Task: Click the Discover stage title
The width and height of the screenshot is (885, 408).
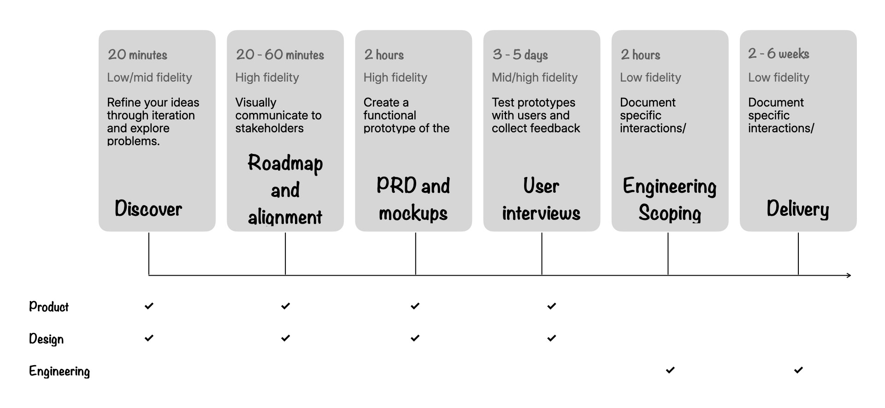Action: [148, 209]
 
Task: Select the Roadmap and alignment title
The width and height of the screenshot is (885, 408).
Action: [285, 189]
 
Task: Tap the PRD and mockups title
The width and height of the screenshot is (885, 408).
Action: [413, 199]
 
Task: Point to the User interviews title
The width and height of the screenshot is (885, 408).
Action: [541, 199]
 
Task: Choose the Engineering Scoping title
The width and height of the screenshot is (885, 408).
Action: [669, 199]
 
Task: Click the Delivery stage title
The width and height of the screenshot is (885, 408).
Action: [797, 209]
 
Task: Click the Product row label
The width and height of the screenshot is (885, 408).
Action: [49, 307]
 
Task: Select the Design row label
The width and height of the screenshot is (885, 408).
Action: [46, 339]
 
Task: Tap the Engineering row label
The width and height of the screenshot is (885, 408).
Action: [59, 371]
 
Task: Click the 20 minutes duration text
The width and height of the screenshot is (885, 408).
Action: [137, 55]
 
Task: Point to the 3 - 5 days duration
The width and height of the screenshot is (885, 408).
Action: [520, 55]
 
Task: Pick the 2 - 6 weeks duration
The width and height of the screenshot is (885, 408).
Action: [779, 54]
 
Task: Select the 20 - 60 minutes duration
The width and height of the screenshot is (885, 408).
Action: [280, 55]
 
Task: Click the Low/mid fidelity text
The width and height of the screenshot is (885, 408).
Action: [149, 77]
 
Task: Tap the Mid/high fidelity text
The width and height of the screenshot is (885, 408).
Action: [534, 77]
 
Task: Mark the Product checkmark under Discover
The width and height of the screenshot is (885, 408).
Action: [149, 306]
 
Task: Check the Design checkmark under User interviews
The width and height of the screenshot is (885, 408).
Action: [552, 338]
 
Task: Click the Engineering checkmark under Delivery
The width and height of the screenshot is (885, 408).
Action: [798, 370]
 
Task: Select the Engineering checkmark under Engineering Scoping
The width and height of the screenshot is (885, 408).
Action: [670, 370]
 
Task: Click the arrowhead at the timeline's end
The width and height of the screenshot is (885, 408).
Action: [849, 275]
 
